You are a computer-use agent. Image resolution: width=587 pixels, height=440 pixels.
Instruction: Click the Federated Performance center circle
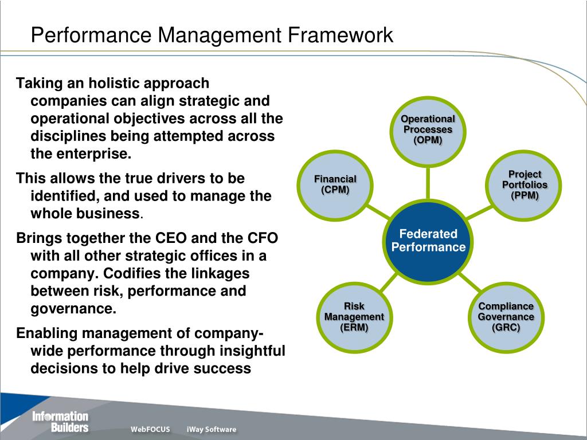pyautogui.click(x=428, y=241)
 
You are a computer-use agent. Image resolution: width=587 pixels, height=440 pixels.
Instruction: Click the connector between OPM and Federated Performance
pyautogui.click(x=428, y=183)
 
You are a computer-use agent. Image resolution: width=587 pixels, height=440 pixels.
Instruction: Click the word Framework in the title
pyautogui.click(x=341, y=35)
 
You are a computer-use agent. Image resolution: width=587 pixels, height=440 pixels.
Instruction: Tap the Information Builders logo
pyautogui.click(x=60, y=422)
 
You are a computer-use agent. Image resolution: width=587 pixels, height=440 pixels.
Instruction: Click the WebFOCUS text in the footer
pyautogui.click(x=150, y=429)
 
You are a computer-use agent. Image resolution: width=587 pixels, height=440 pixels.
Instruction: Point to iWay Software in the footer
pyautogui.click(x=211, y=429)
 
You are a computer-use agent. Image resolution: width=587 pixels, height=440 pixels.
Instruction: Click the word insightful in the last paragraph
pyautogui.click(x=251, y=350)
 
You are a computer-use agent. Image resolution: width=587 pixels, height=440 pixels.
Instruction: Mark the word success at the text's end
pyautogui.click(x=224, y=368)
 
